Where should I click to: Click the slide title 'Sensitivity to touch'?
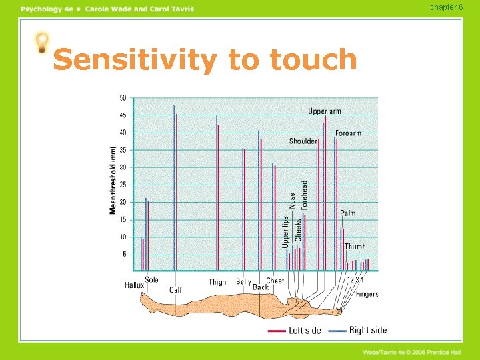[x=205, y=60]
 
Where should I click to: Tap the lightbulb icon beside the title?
[x=42, y=43]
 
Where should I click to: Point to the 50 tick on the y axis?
[x=123, y=98]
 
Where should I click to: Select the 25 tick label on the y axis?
[x=123, y=185]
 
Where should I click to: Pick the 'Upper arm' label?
[x=324, y=111]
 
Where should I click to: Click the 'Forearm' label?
[x=348, y=133]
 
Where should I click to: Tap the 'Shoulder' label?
[x=303, y=141]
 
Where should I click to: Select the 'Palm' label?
[x=348, y=213]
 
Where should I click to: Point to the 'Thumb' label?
[x=355, y=247]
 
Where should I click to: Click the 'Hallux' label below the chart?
[x=134, y=285]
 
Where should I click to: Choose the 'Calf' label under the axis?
[x=175, y=290]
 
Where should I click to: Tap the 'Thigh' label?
[x=217, y=282]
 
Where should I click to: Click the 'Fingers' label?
[x=367, y=293]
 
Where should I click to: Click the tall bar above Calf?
[x=175, y=187]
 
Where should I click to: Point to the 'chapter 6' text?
[x=447, y=7]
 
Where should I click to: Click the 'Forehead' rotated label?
[x=305, y=195]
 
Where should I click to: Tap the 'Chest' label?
[x=275, y=281]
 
